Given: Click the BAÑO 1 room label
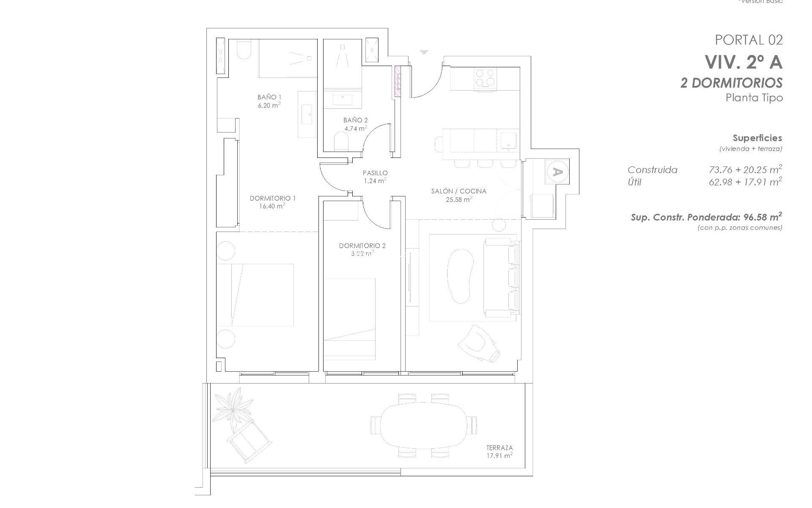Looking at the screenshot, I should (269, 97).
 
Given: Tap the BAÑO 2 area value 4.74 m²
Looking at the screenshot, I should (355, 128).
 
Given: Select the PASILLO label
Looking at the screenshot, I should (375, 173).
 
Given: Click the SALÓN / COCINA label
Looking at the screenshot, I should (458, 191).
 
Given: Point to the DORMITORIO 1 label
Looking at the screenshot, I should (272, 198).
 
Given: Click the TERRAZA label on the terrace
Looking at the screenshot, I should (499, 447).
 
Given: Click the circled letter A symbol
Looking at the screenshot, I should (557, 172).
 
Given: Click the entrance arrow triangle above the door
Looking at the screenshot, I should (424, 52).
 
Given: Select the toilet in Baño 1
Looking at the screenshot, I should (244, 50).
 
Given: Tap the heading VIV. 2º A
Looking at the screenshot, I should (743, 62).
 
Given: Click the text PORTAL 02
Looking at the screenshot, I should (749, 40).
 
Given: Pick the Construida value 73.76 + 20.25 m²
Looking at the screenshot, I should (745, 170).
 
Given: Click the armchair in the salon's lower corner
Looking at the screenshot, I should (480, 343).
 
